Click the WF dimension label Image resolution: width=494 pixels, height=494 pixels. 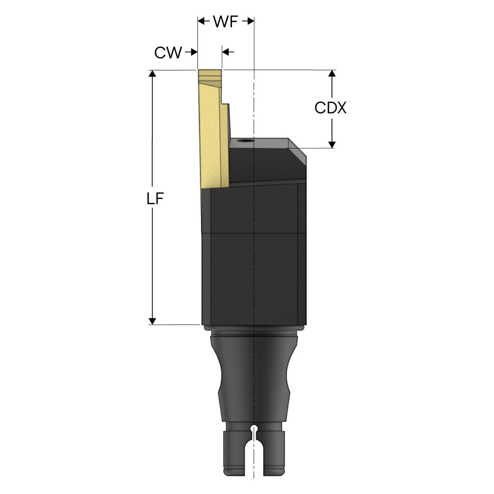coord(226,22)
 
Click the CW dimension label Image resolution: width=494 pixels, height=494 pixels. coord(168,52)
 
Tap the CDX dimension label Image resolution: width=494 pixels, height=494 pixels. coord(330,108)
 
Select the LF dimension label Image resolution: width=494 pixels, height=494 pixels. coord(155,199)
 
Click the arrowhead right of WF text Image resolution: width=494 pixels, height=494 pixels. coord(248,21)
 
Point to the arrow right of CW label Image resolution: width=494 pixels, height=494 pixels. coord(191,52)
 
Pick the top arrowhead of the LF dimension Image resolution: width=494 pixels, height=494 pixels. coord(152,74)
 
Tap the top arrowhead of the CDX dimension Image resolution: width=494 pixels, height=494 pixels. coord(332,73)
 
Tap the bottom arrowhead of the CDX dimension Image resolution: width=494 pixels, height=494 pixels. coord(332,145)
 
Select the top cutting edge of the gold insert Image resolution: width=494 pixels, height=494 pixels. coord(210,70)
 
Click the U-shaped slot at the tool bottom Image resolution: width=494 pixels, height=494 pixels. coord(254,459)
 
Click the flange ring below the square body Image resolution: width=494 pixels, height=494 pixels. coord(254,328)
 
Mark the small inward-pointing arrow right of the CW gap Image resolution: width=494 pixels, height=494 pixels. coord(228,52)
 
